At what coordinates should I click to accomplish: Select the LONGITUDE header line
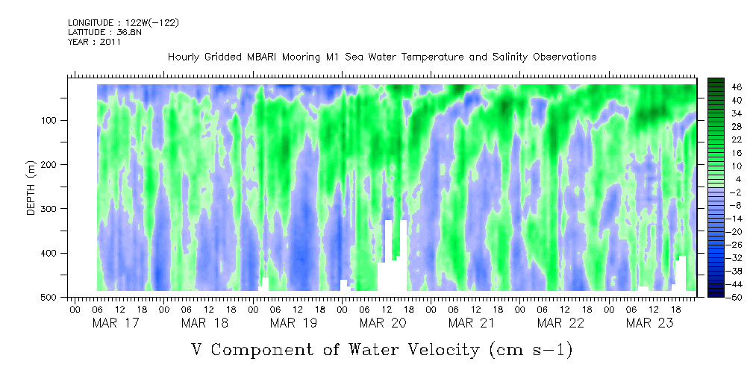pyautogui.click(x=123, y=23)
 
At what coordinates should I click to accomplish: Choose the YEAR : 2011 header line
pyautogui.click(x=94, y=42)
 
